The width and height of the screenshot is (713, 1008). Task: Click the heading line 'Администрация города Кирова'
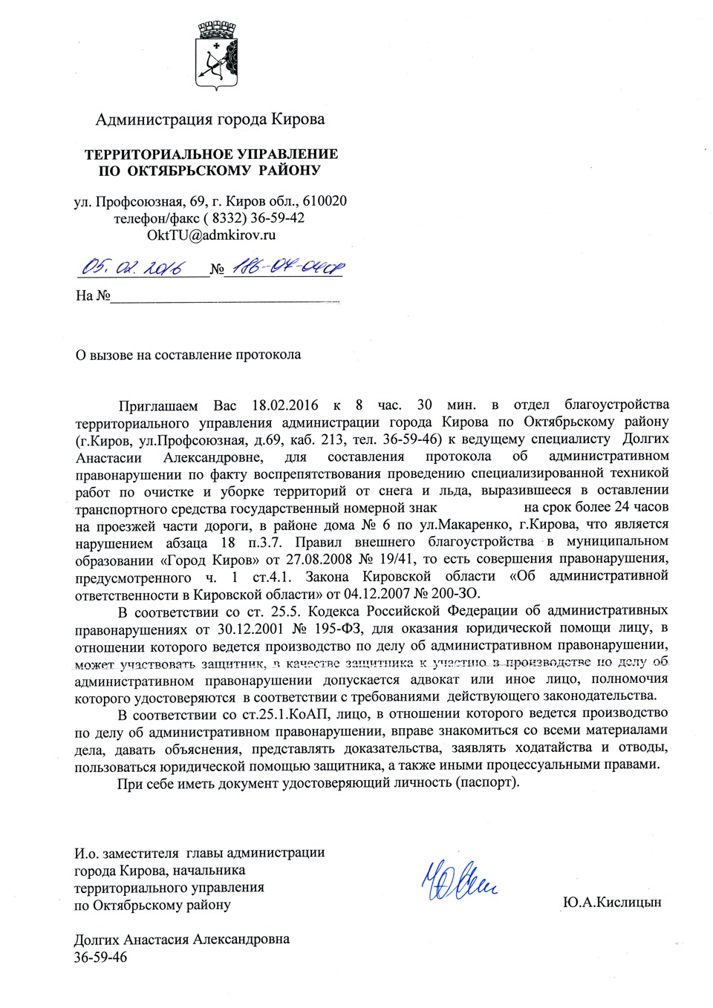tap(210, 120)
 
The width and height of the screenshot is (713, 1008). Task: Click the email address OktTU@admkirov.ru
tap(211, 235)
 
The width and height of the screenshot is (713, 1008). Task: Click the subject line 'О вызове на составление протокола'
tap(188, 355)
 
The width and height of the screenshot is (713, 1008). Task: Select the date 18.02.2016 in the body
tap(285, 405)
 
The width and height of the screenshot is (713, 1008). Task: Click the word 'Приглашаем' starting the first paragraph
tap(158, 405)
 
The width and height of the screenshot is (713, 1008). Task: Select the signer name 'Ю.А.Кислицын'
tap(611, 903)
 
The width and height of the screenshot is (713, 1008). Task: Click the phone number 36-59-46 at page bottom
tap(100, 958)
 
